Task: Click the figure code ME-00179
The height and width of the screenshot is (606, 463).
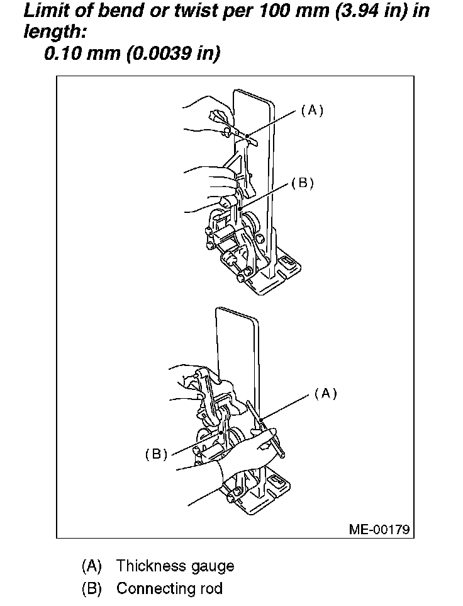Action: [379, 529]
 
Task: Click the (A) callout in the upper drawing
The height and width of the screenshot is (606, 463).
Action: [311, 110]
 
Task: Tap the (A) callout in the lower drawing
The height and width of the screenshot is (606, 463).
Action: [325, 393]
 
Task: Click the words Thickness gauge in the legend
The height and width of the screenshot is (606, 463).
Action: [175, 566]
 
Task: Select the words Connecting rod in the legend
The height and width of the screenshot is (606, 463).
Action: [169, 589]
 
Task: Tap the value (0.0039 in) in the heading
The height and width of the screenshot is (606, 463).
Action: [173, 54]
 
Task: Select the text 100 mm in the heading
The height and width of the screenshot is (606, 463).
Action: [276, 11]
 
